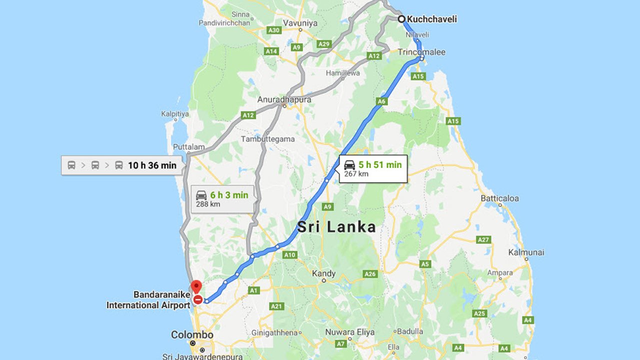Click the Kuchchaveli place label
point(431,19)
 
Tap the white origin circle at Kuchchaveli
point(401,19)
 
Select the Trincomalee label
point(421,52)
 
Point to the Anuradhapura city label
point(284,99)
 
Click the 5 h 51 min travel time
point(379,164)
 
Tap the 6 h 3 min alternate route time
point(229,195)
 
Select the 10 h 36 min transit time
point(152,165)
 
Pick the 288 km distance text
point(208,204)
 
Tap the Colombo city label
point(192,334)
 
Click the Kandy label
point(323,273)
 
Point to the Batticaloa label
point(499,198)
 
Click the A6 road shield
point(382,101)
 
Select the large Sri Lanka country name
point(336,227)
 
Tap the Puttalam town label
point(188,147)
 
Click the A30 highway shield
point(273,30)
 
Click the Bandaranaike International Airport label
point(148,300)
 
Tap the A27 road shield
point(483,240)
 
